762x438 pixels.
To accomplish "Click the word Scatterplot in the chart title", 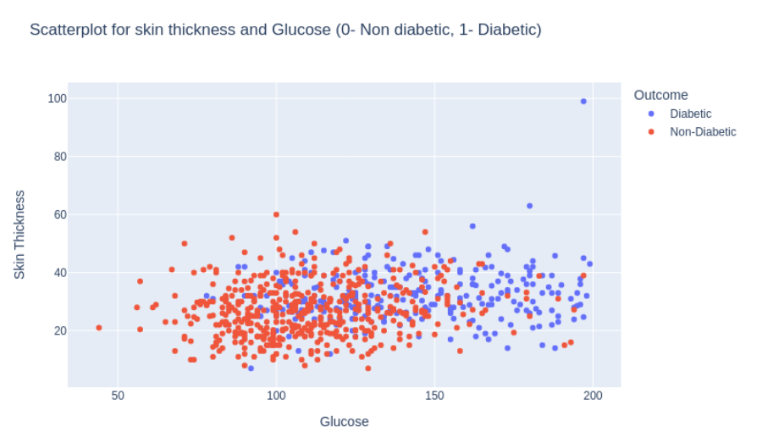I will click(x=67, y=30).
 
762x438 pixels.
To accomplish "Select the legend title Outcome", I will click(x=660, y=95).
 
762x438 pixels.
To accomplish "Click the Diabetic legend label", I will click(x=690, y=114).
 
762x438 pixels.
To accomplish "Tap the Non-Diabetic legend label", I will click(x=703, y=132).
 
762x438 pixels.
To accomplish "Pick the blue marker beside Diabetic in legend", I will click(x=650, y=114).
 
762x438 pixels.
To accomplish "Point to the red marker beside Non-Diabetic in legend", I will click(x=650, y=132).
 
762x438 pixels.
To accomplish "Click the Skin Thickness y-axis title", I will click(x=19, y=235).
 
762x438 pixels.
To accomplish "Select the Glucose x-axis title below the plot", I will click(x=344, y=421).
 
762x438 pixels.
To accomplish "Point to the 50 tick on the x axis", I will click(x=118, y=396).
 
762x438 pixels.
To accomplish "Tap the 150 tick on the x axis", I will click(x=434, y=396).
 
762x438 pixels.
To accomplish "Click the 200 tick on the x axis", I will click(x=593, y=396).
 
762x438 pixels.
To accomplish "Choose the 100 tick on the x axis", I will click(x=276, y=396).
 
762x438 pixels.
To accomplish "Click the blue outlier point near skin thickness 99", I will click(x=583, y=102).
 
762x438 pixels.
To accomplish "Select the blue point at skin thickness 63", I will click(x=530, y=206).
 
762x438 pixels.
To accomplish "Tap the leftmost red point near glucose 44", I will click(x=99, y=328).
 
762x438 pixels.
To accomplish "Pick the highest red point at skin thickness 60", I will click(x=276, y=214).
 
